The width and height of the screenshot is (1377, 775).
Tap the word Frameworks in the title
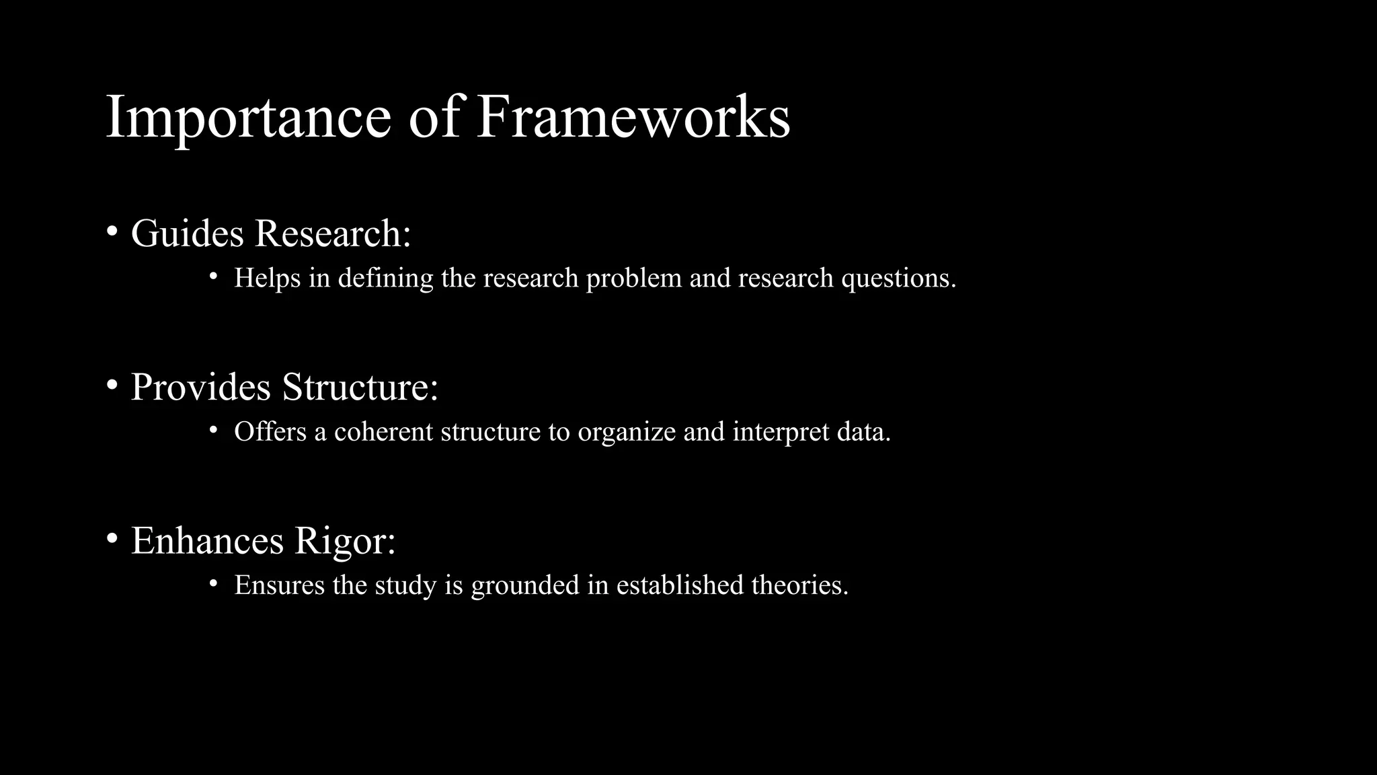(x=633, y=117)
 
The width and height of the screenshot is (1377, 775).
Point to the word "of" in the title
(x=434, y=117)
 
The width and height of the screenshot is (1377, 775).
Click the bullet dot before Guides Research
(x=112, y=231)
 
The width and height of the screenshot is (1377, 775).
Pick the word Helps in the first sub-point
(x=267, y=278)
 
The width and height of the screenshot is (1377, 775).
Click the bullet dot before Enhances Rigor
(x=112, y=538)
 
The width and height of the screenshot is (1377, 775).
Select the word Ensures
(x=279, y=585)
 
